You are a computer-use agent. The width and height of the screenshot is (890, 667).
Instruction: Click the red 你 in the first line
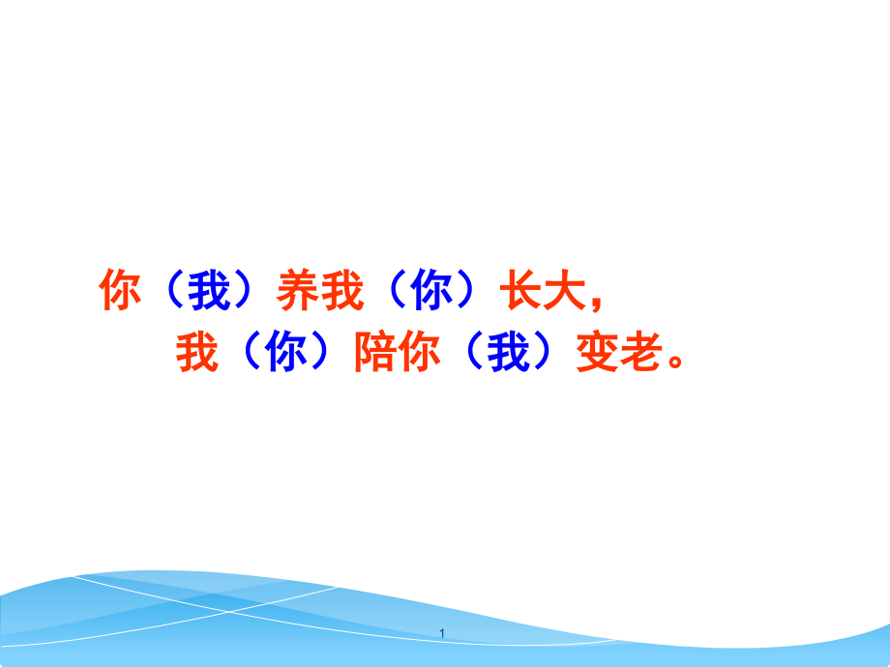(120, 291)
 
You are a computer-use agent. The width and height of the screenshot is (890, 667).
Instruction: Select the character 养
(297, 291)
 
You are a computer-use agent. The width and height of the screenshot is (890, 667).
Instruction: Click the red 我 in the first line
(341, 291)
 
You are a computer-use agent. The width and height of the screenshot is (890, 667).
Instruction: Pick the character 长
(519, 291)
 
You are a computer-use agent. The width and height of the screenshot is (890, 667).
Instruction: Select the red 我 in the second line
(196, 354)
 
